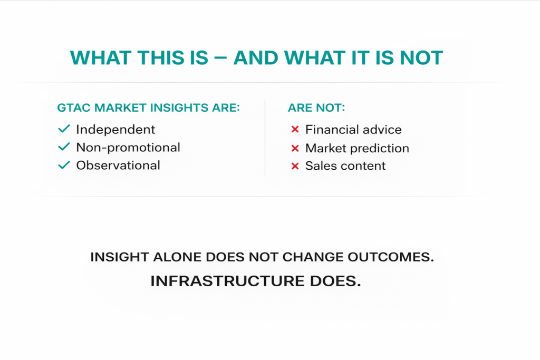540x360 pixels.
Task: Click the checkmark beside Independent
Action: point(64,129)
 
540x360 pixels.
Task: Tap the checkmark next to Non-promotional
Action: point(64,147)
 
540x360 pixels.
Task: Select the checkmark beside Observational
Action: point(64,165)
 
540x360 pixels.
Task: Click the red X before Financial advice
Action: point(295,130)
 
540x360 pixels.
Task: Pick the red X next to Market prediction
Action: point(295,148)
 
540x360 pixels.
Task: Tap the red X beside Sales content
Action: point(295,166)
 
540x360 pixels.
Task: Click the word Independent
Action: point(115,130)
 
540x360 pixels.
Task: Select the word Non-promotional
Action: point(128,147)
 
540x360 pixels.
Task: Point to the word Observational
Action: point(118,165)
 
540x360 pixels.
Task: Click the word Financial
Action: point(331,130)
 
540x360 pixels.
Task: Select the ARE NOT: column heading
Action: point(316,108)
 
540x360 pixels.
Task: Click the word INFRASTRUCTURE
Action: point(227,281)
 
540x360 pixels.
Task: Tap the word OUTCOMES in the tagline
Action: point(391,257)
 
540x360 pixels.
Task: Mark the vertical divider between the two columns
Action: point(265,138)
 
